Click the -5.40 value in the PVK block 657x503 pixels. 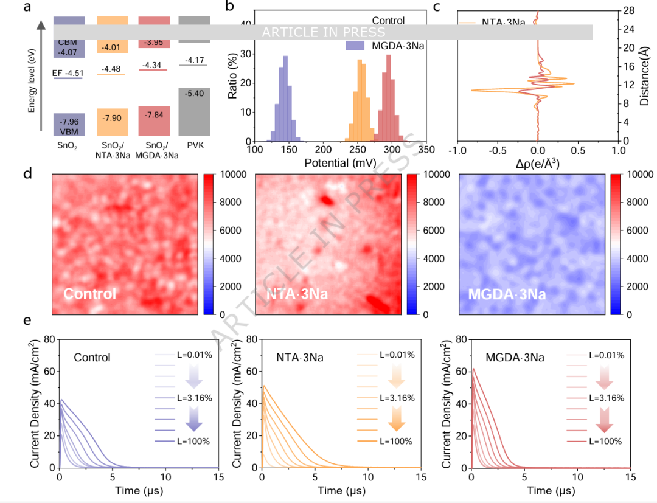click(x=195, y=94)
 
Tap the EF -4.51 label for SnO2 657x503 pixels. click(x=68, y=74)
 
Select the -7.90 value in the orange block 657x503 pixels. click(x=111, y=117)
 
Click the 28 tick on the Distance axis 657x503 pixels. click(x=629, y=11)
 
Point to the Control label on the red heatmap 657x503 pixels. click(x=90, y=294)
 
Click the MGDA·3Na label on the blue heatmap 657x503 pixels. click(x=507, y=294)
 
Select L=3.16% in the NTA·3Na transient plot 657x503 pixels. click(x=397, y=398)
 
